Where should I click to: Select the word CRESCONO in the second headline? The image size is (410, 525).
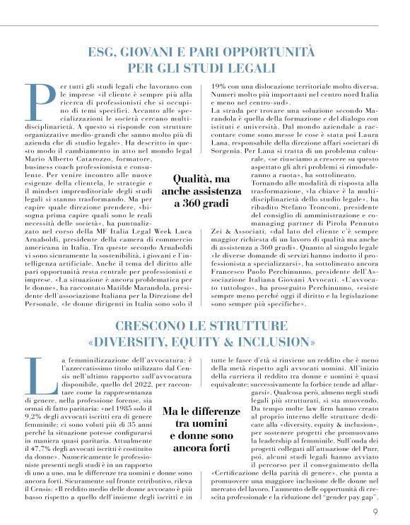tap(147, 328)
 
